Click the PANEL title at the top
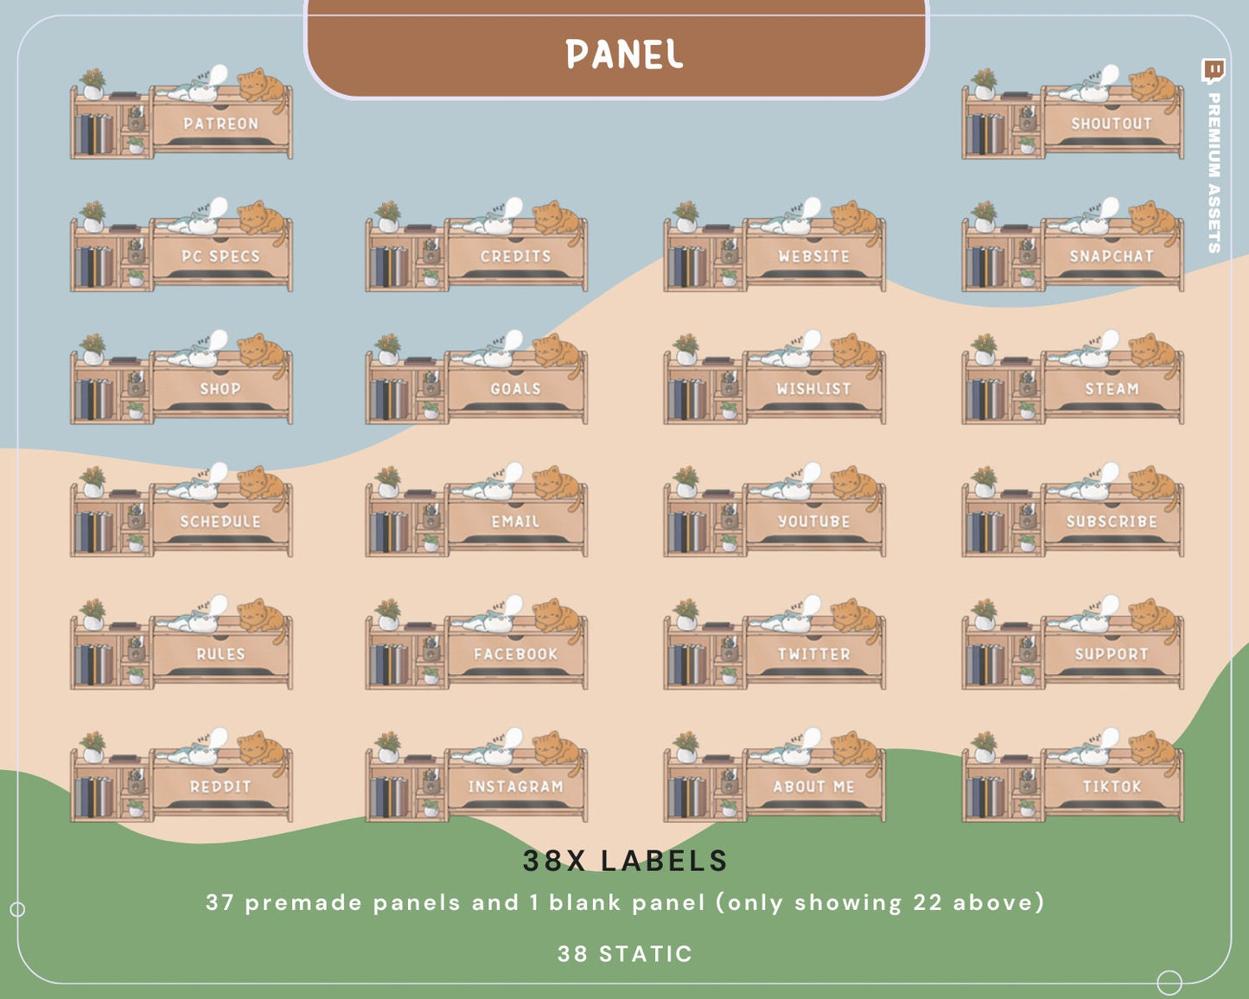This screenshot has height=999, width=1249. tap(624, 54)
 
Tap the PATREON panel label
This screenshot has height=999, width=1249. tap(220, 124)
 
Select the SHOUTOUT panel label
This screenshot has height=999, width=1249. tap(1112, 124)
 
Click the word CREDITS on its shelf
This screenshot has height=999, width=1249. tap(515, 256)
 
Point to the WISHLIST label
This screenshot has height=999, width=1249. tap(813, 388)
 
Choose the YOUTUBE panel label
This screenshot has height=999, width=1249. tap(813, 521)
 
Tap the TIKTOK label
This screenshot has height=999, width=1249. tap(1112, 786)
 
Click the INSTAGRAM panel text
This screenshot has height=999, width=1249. tap(515, 786)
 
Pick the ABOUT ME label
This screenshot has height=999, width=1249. tap(813, 786)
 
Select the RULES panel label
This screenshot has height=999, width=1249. tap(220, 653)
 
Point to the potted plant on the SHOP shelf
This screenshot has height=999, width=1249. tap(92, 348)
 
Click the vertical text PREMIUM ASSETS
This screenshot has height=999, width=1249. tap(1214, 172)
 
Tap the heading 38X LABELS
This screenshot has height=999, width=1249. tap(624, 860)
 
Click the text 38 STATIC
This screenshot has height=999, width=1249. tap(624, 954)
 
